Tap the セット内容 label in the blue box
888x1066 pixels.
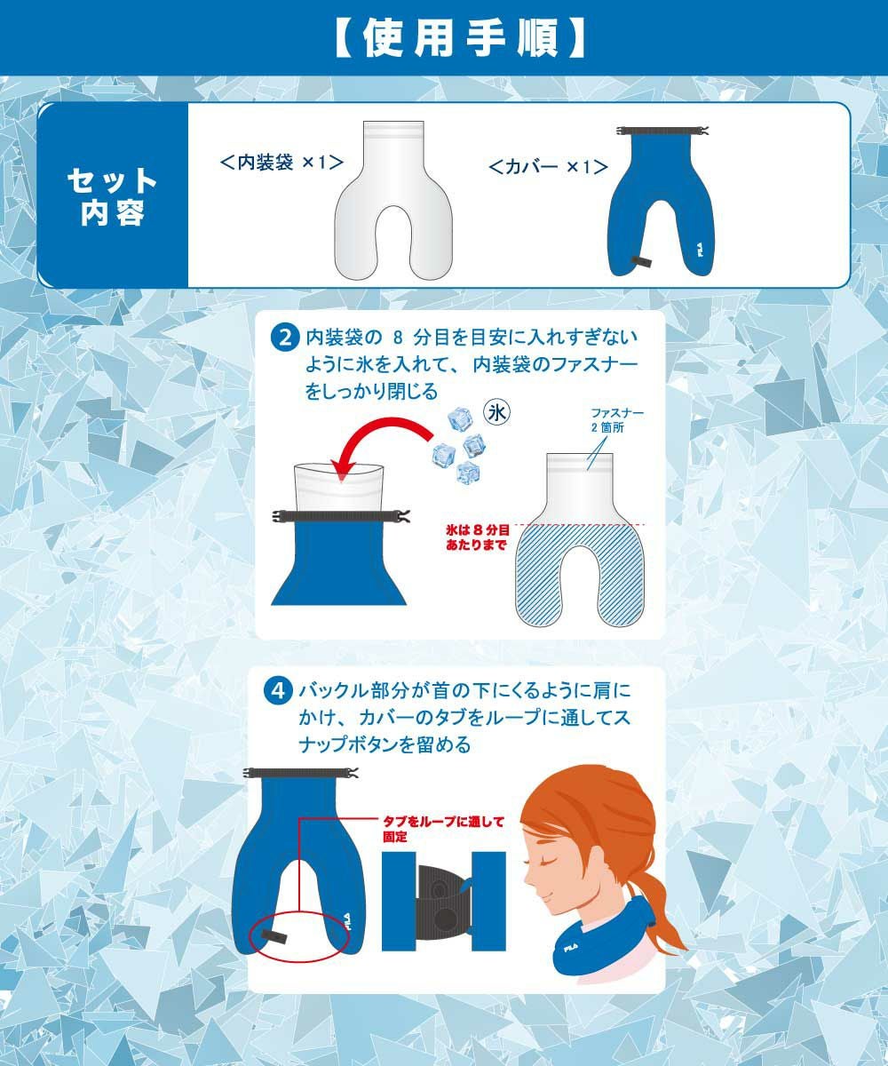(112, 196)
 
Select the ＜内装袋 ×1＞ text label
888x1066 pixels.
(281, 163)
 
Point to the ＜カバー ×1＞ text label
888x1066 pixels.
(548, 167)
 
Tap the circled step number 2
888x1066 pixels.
(285, 338)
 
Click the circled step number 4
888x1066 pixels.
(278, 691)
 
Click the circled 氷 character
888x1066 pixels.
(496, 412)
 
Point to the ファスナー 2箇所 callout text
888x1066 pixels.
(616, 419)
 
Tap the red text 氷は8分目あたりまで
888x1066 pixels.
(477, 537)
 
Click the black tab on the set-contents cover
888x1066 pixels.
(641, 262)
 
